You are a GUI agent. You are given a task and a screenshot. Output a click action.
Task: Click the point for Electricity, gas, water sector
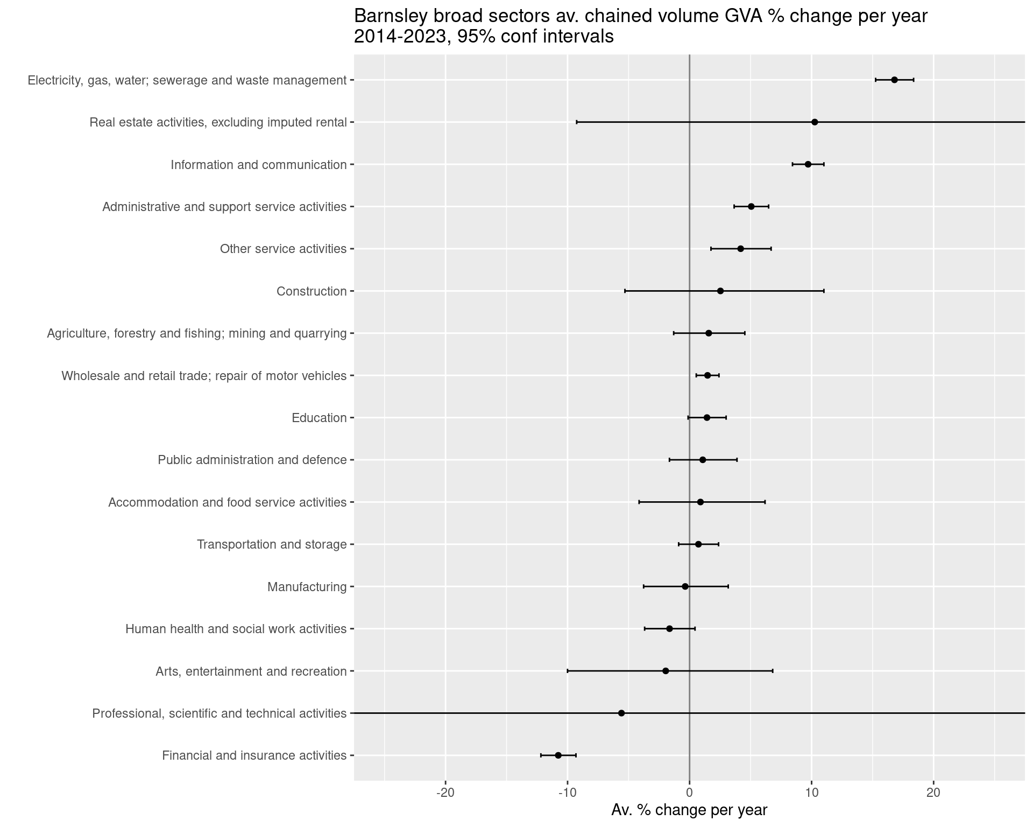tap(894, 80)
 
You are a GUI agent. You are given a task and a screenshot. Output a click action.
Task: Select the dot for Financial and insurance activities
tap(558, 755)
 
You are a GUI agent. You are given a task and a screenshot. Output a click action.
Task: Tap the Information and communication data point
tap(808, 164)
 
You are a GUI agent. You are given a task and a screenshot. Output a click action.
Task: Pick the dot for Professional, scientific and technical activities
tap(621, 713)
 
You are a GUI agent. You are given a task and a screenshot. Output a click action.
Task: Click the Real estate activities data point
tap(815, 122)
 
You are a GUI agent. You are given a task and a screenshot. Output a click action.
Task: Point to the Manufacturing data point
tap(685, 586)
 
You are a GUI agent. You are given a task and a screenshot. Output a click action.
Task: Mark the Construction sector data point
tap(720, 291)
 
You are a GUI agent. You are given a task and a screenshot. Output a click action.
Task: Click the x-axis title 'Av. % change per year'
tap(689, 810)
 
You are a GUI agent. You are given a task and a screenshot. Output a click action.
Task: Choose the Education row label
tap(319, 418)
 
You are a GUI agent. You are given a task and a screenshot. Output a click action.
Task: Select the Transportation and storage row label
tap(272, 544)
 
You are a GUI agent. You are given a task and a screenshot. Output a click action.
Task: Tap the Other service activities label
tap(283, 249)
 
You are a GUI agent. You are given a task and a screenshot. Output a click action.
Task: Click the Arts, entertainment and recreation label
tap(251, 671)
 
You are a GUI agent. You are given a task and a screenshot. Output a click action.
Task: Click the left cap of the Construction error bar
tap(625, 291)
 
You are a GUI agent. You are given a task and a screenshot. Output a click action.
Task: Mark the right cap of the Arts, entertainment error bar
tap(773, 671)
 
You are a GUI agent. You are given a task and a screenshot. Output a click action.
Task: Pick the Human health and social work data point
tap(669, 628)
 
